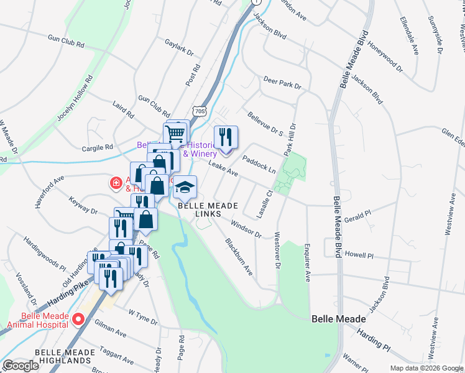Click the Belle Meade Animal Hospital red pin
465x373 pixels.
78,320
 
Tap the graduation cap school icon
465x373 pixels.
185,186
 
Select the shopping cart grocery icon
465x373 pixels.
177,131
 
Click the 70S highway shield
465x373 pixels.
199,111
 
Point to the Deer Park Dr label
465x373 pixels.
282,83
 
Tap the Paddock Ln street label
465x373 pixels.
259,163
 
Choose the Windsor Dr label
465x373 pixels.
246,228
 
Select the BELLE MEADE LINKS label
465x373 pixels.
200,210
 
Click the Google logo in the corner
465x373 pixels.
21,366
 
